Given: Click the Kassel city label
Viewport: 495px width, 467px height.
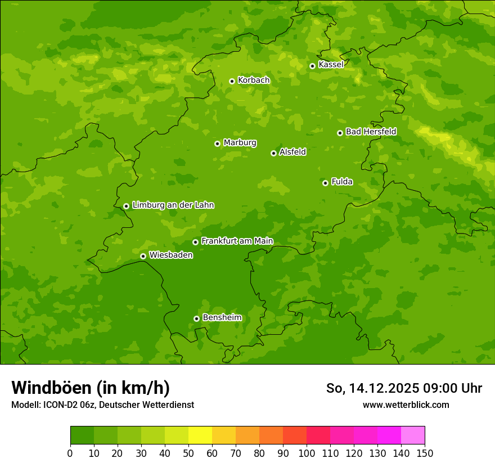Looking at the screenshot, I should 331,65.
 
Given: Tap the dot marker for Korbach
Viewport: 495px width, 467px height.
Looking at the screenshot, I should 232,81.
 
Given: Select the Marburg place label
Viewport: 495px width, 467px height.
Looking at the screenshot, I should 240,143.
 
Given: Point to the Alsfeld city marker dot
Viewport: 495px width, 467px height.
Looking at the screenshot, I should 273,153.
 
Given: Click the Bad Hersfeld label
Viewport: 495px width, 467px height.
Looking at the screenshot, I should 371,132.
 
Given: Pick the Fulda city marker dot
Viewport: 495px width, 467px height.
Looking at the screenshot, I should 325,183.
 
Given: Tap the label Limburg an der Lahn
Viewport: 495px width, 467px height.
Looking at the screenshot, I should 173,205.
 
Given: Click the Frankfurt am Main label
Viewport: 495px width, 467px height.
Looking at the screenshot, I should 237,241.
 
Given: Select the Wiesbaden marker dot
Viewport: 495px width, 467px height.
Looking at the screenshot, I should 143,256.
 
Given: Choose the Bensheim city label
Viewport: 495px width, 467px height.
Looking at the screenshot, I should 222,318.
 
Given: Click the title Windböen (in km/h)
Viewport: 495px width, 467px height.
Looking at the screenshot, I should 90,388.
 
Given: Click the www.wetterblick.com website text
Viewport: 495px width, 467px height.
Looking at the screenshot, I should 406,405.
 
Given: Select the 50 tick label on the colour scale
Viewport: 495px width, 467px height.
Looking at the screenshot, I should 188,453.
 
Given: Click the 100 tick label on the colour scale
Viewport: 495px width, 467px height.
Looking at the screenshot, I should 307,453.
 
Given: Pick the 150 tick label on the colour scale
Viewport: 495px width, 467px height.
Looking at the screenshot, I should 425,453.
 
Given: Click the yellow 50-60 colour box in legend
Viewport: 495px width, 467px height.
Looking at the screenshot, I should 200,435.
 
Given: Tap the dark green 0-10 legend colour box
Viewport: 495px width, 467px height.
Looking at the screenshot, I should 82,435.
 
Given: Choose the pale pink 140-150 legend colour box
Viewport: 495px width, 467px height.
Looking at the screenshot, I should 413,435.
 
